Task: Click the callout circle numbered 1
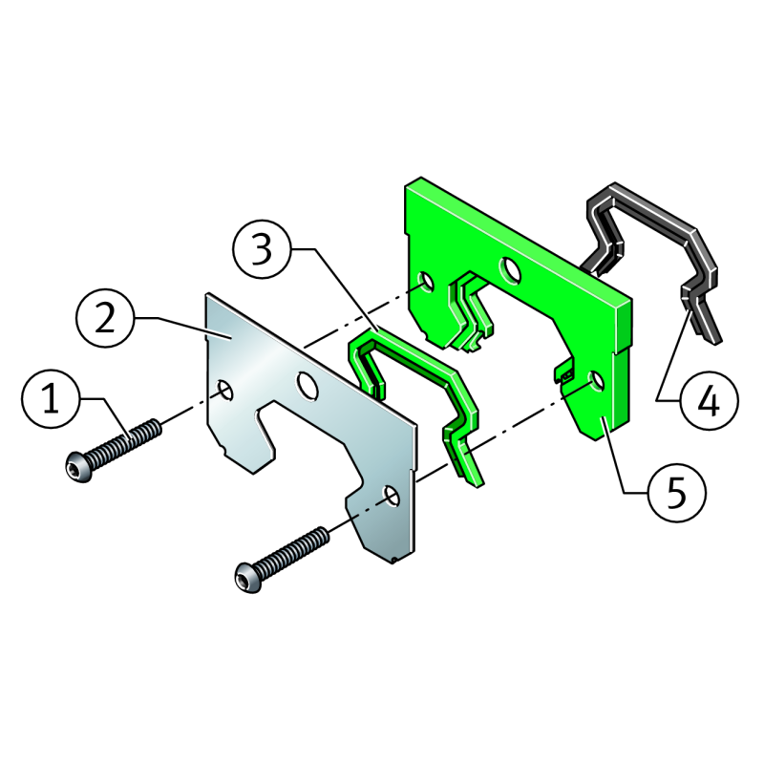pyautogui.click(x=52, y=399)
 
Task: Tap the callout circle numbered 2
pyautogui.click(x=105, y=318)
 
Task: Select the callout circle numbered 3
pyautogui.click(x=262, y=249)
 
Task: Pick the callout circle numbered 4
pyautogui.click(x=710, y=400)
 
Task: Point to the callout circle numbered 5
pyautogui.click(x=677, y=493)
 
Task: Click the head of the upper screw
pyautogui.click(x=79, y=466)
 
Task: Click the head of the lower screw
pyautogui.click(x=248, y=578)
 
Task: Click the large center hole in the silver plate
pyautogui.click(x=308, y=387)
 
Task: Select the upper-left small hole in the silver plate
pyautogui.click(x=225, y=391)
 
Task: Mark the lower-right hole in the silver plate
pyautogui.click(x=393, y=496)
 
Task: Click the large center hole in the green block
pyautogui.click(x=510, y=270)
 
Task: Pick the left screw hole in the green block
pyautogui.click(x=427, y=282)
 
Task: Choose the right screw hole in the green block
pyautogui.click(x=597, y=380)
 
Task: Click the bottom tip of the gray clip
pyautogui.click(x=716, y=343)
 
